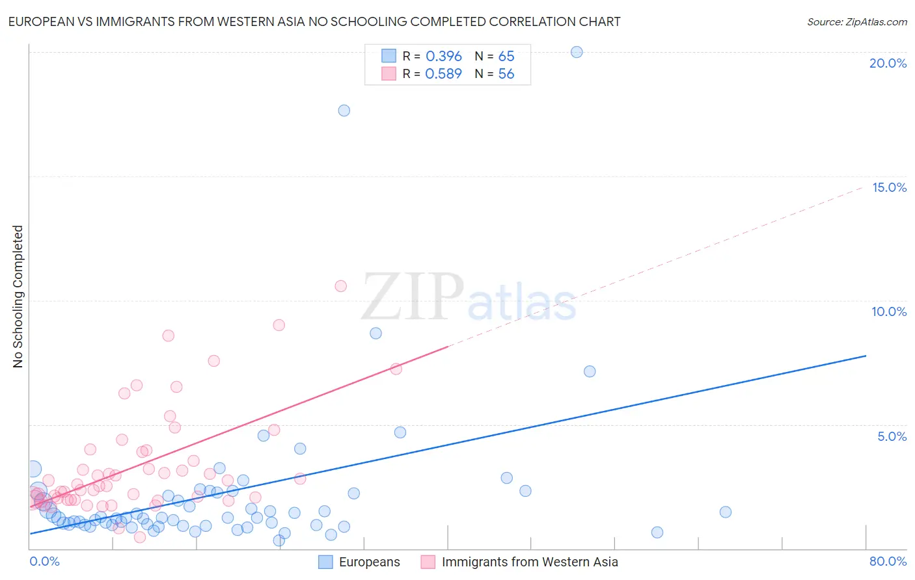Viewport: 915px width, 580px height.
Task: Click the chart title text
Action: [314, 21]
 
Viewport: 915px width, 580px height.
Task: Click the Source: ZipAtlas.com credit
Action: [856, 21]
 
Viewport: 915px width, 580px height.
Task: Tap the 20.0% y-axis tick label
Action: [888, 63]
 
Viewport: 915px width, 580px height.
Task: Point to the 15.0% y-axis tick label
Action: [889, 187]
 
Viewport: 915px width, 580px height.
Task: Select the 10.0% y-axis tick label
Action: [889, 311]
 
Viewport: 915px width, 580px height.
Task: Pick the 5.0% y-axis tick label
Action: [892, 436]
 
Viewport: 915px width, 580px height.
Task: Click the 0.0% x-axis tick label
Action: [44, 561]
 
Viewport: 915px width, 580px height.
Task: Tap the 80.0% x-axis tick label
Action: [888, 561]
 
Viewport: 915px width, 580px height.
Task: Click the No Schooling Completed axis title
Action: [18, 297]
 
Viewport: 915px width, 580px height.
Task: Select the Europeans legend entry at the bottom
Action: [369, 562]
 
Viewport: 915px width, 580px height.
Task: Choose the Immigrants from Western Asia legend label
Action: [529, 562]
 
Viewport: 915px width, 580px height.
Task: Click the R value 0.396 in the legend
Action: [443, 57]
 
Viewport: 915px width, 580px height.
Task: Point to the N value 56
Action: [506, 74]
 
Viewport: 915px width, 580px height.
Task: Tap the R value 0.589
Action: [443, 74]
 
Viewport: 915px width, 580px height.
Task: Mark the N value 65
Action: [506, 57]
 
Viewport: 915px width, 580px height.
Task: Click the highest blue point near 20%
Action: [577, 52]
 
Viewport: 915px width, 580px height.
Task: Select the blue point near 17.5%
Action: [344, 111]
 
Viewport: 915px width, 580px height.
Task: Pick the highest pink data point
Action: [340, 286]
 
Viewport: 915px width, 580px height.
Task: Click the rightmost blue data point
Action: [726, 512]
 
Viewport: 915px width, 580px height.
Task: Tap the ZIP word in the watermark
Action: [413, 297]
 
